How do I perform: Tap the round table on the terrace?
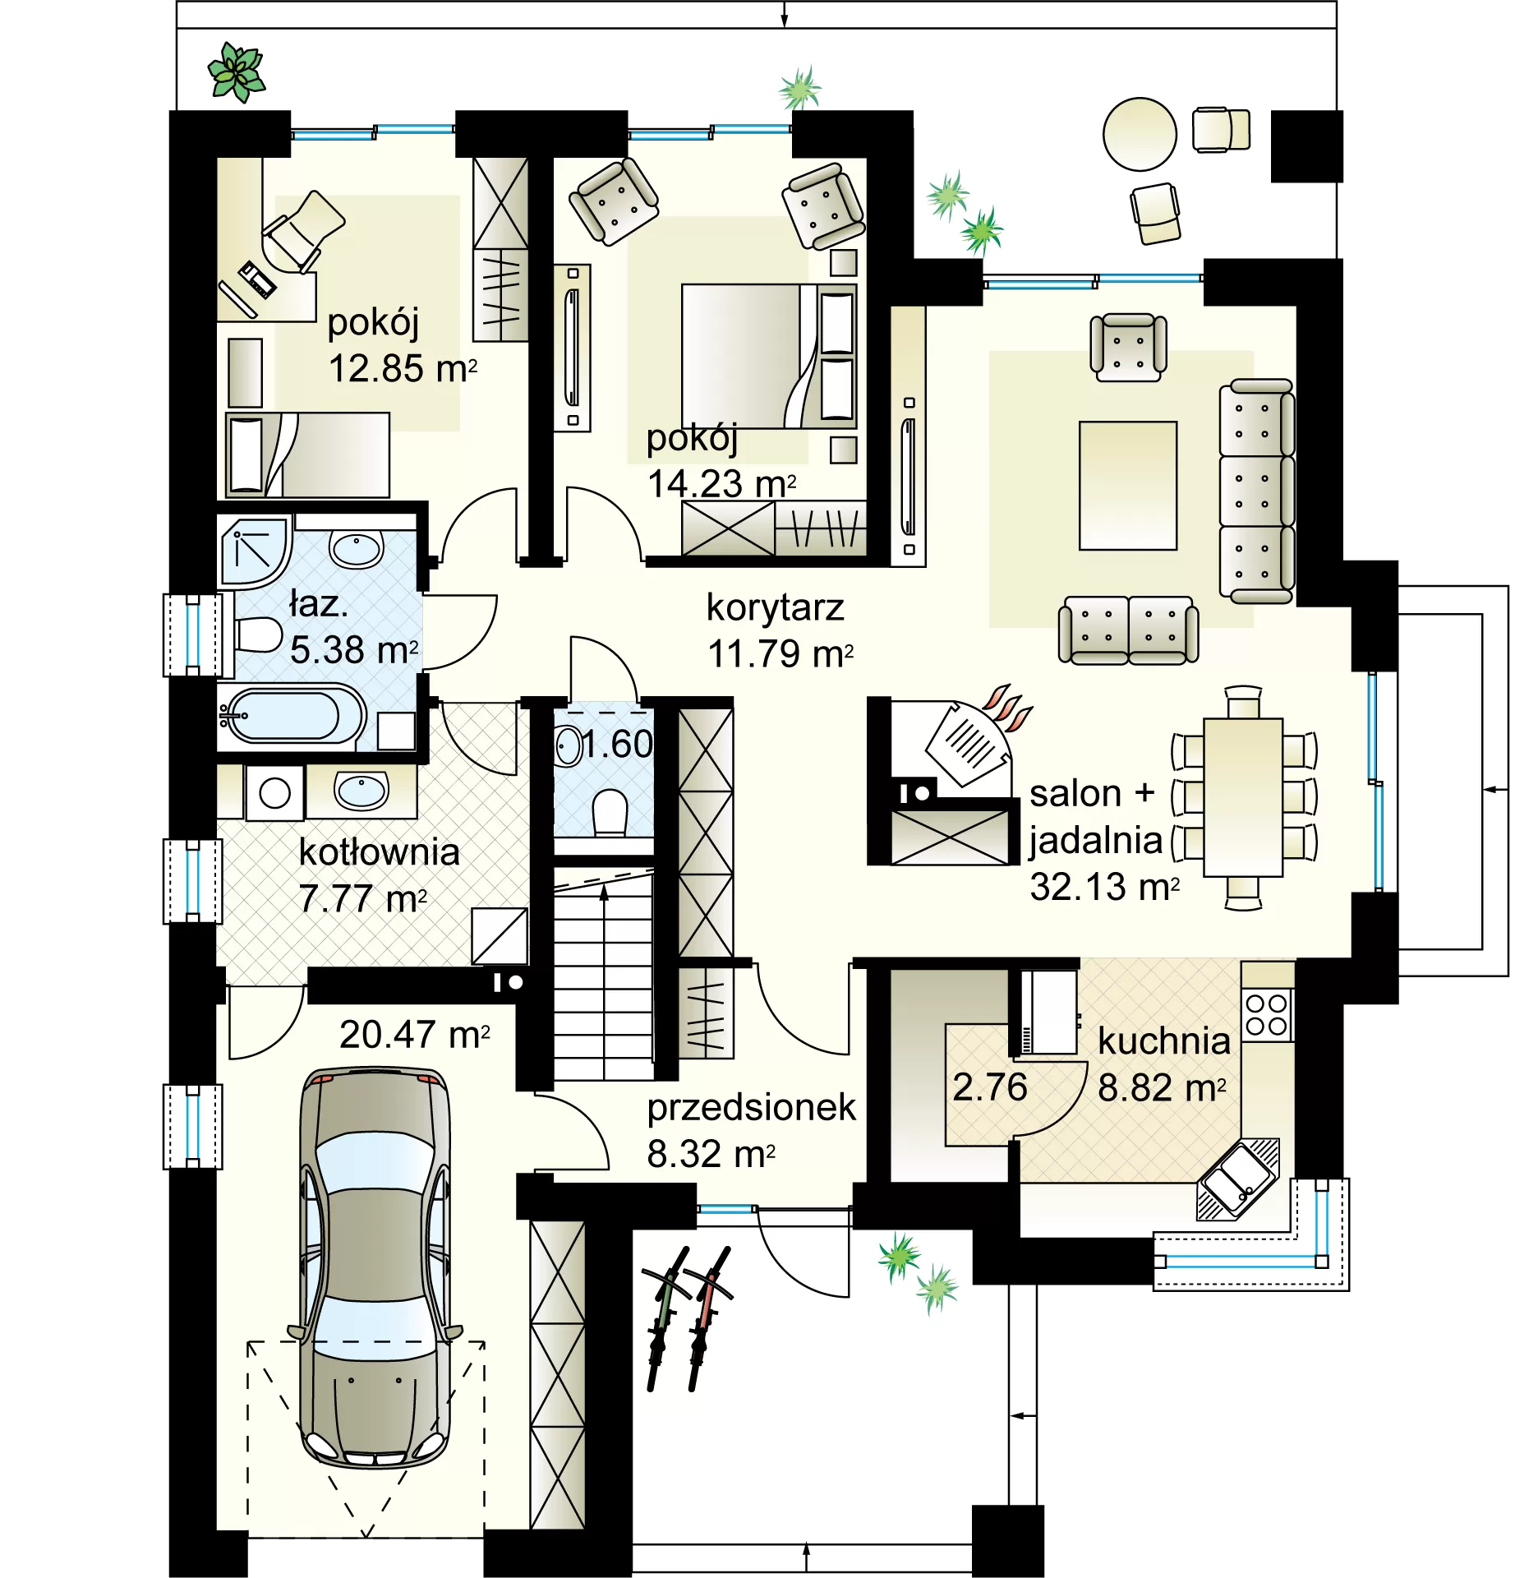pyautogui.click(x=1140, y=134)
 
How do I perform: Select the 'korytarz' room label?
pyautogui.click(x=775, y=608)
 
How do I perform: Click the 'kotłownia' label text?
pyautogui.click(x=379, y=851)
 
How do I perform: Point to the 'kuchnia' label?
pyautogui.click(x=1164, y=1040)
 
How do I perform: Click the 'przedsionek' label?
pyautogui.click(x=751, y=1108)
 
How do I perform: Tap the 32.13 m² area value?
pyautogui.click(x=1105, y=887)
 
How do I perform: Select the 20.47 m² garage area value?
pyautogui.click(x=415, y=1035)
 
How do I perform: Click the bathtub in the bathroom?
pyautogui.click(x=291, y=715)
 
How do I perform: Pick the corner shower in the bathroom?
pyautogui.click(x=255, y=551)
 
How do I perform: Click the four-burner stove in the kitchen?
pyautogui.click(x=1266, y=1015)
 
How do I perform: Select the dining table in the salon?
pyautogui.click(x=1243, y=797)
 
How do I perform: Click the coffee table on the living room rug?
pyautogui.click(x=1128, y=485)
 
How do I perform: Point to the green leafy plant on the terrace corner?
pyautogui.click(x=237, y=72)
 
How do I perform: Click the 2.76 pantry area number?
pyautogui.click(x=990, y=1087)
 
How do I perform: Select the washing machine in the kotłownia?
pyautogui.click(x=274, y=792)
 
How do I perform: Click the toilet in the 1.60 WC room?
pyautogui.click(x=610, y=811)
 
